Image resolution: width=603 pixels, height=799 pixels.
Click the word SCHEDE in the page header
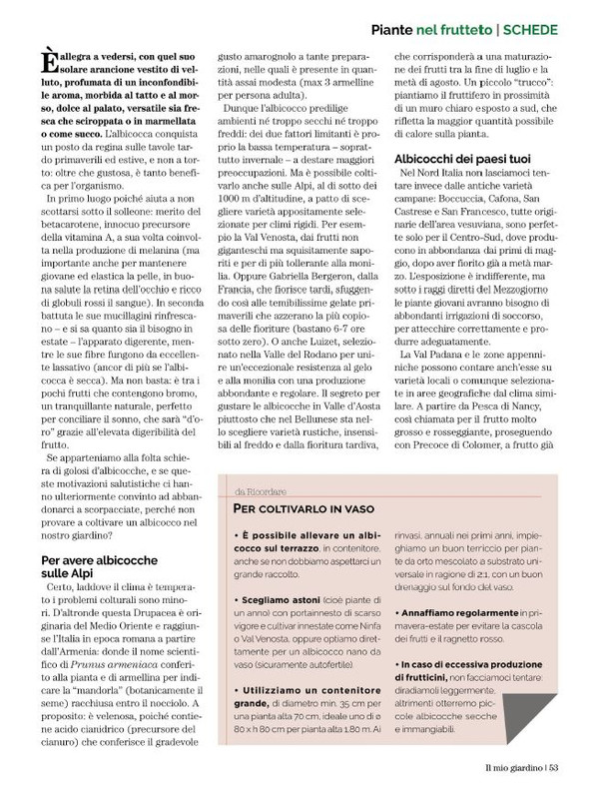557,29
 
